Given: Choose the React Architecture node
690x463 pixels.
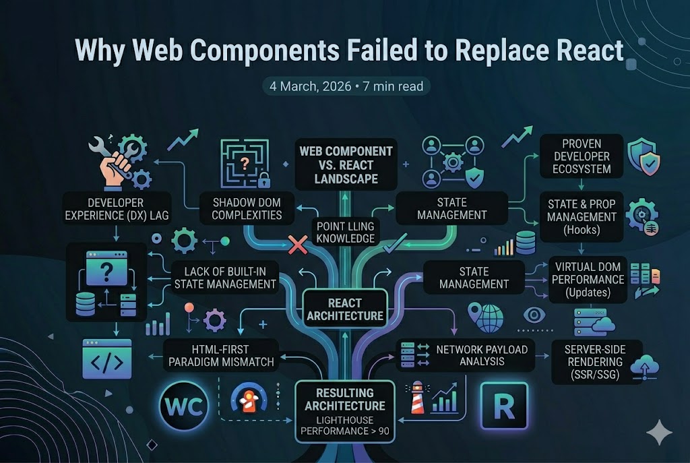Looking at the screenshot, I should tap(345, 309).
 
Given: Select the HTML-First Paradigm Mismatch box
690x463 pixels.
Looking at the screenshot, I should tap(220, 355).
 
